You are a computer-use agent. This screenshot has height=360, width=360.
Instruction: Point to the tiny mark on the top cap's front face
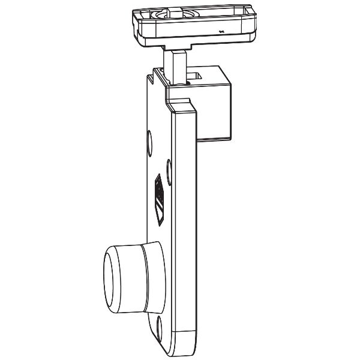pos(220,31)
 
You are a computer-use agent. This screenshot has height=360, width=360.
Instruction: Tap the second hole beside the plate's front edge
pos(168,167)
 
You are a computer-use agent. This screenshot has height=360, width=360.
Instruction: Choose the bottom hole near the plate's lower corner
pos(160,328)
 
